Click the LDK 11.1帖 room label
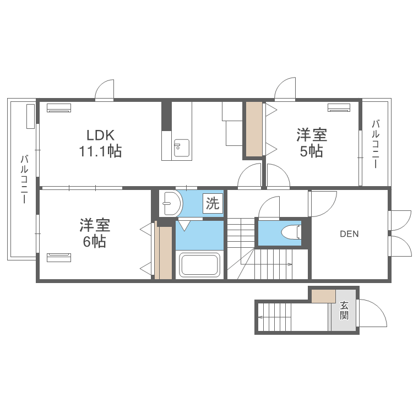tap(100, 143)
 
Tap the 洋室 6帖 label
tap(95, 233)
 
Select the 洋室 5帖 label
tap(312, 143)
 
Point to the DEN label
tap(349, 234)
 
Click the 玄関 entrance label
tap(344, 311)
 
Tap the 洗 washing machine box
tap(213, 203)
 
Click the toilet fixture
tap(291, 232)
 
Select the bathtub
tap(199, 265)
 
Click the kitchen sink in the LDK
tap(182, 148)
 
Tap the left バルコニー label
tap(24, 180)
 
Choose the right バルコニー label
tap(376, 144)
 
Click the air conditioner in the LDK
tap(59, 108)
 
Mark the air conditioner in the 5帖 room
tap(339, 108)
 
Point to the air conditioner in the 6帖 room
tap(59, 258)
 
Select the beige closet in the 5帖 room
tap(254, 129)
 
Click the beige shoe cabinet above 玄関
tap(323, 296)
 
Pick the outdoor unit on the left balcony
tap(30, 116)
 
